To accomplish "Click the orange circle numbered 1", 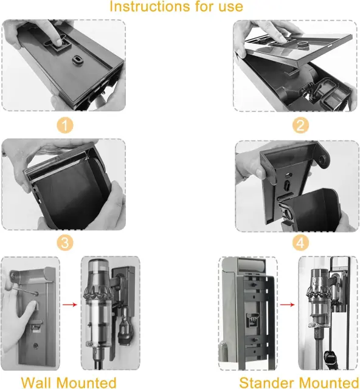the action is coord(65,125).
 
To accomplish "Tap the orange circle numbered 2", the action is coord(300,125).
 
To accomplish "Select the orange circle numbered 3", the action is coord(65,243).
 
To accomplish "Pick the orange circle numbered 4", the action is coord(300,243).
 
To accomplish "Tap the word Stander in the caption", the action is coord(266,383).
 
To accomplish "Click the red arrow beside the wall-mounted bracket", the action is coord(70,305).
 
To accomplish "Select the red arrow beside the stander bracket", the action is coord(288,305).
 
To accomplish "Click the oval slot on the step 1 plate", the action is coord(77,60).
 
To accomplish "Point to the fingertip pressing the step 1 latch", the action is coord(60,43).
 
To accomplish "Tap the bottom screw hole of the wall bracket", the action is coord(36,346).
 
